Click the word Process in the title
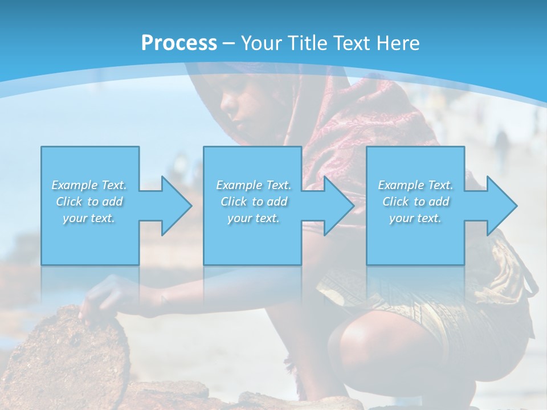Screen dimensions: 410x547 (x=179, y=43)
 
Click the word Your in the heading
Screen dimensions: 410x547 (x=262, y=43)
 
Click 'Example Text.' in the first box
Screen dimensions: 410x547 (x=89, y=185)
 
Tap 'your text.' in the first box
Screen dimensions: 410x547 (x=89, y=218)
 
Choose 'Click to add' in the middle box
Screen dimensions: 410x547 (x=254, y=202)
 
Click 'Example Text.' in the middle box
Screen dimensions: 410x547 (x=254, y=185)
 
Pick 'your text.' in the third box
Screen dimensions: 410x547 (x=415, y=218)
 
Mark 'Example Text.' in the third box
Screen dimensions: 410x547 (x=415, y=185)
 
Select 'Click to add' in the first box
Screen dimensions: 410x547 (x=89, y=202)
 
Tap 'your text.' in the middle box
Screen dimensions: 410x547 (x=254, y=218)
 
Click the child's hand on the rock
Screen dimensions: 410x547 (x=97, y=299)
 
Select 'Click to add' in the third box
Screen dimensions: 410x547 (x=415, y=202)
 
